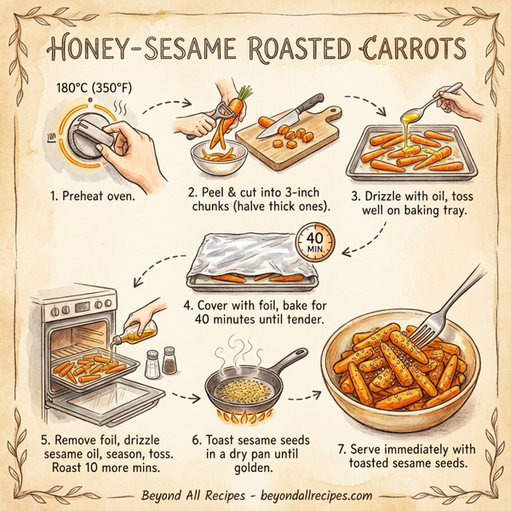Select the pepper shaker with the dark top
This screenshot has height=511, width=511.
click(x=170, y=361)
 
